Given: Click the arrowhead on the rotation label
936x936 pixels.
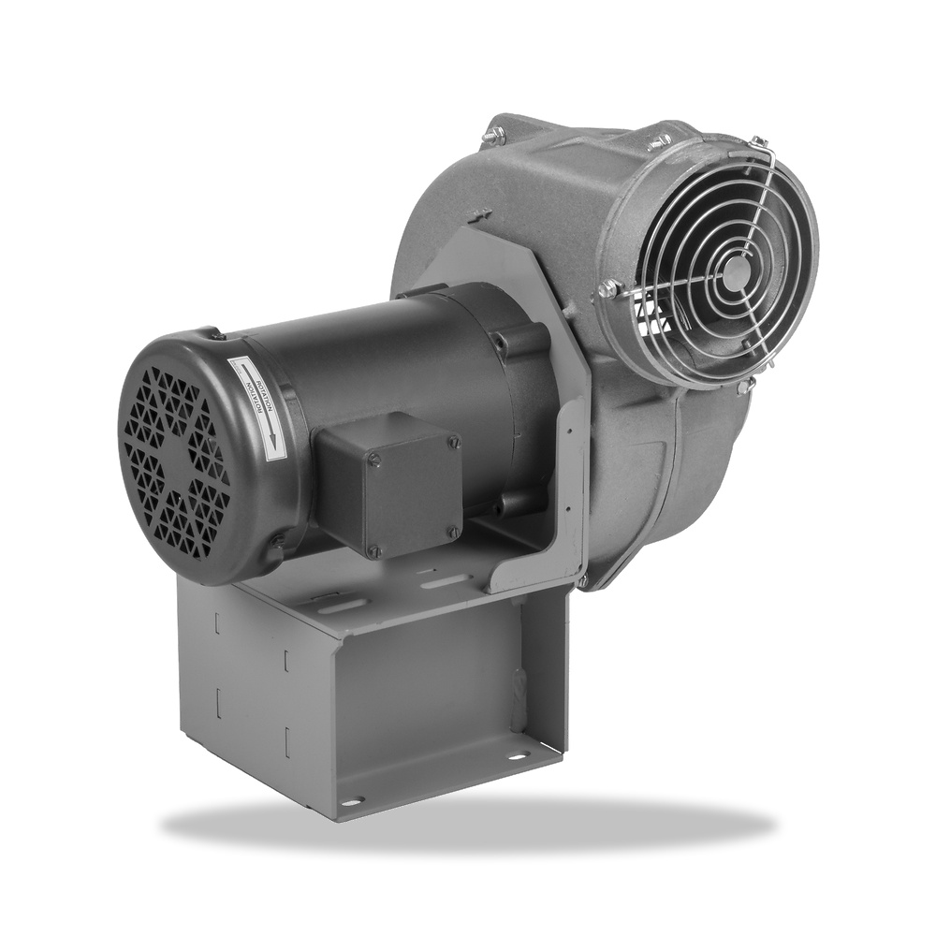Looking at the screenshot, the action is pyautogui.click(x=271, y=442).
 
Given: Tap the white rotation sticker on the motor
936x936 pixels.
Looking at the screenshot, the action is pyautogui.click(x=256, y=408).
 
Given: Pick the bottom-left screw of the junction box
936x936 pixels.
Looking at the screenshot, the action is pyautogui.click(x=373, y=551).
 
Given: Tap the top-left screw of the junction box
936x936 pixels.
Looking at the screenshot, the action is pyautogui.click(x=373, y=459).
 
